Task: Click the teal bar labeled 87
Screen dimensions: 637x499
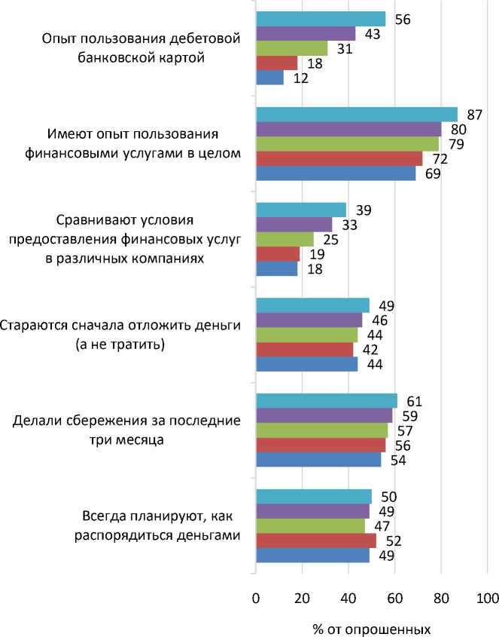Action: point(357,115)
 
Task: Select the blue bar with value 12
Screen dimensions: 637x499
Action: point(269,77)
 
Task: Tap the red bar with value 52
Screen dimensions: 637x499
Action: point(316,541)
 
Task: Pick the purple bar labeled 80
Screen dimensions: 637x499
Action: point(348,129)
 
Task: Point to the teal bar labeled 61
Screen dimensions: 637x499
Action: point(327,401)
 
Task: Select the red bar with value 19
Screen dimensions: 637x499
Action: point(278,254)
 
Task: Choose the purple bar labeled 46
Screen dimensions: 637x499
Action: point(309,320)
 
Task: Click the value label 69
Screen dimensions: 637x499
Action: point(431,173)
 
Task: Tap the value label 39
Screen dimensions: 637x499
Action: point(364,210)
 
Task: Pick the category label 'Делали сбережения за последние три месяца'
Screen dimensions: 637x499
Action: point(126,430)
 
